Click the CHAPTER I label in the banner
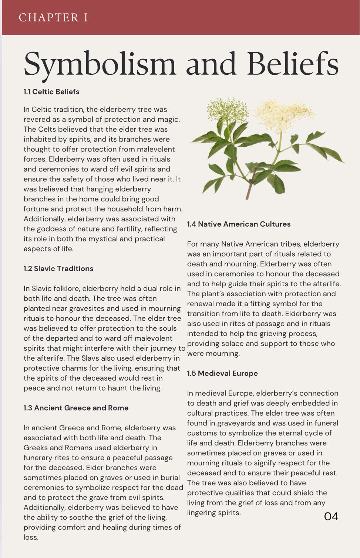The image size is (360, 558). tap(53, 17)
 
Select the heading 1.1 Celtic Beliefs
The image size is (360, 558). tap(51, 92)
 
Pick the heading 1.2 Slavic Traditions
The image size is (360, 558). tap(58, 268)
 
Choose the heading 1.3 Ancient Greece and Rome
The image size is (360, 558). tap(76, 408)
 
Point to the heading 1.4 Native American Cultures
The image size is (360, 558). tap(239, 224)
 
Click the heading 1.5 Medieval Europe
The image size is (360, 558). tap(222, 373)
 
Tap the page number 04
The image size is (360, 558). tap(331, 517)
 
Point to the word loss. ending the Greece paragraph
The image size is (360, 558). tap(31, 537)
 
